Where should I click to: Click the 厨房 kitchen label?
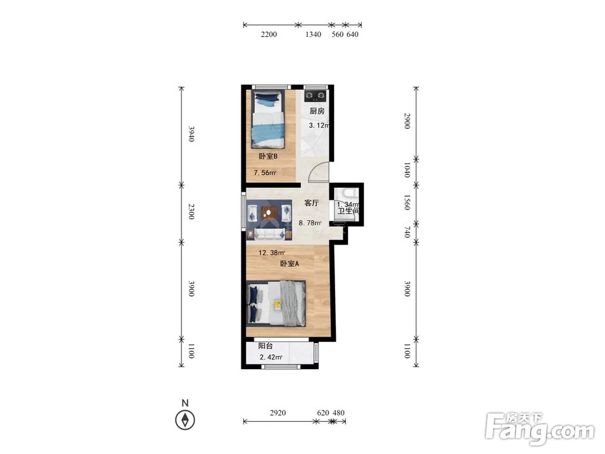pyautogui.click(x=317, y=111)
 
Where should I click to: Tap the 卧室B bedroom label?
pyautogui.click(x=268, y=156)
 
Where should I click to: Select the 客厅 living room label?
pyautogui.click(x=312, y=203)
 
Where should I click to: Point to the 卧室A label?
pyautogui.click(x=289, y=264)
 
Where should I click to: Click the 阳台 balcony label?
pyautogui.click(x=266, y=346)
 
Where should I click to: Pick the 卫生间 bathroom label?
pyautogui.click(x=348, y=211)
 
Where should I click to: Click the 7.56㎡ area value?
pyautogui.click(x=265, y=173)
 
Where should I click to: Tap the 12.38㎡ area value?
pyautogui.click(x=272, y=253)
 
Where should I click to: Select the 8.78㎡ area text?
pyautogui.click(x=310, y=223)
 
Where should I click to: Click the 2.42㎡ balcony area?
pyautogui.click(x=271, y=357)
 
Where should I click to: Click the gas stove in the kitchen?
pyautogui.click(x=315, y=96)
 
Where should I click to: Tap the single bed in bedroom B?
pyautogui.click(x=269, y=119)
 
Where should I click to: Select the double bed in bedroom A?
pyautogui.click(x=276, y=303)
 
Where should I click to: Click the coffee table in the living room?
pyautogui.click(x=269, y=212)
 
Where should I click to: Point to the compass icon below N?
pyautogui.click(x=185, y=419)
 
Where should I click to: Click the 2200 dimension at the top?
pyautogui.click(x=269, y=35)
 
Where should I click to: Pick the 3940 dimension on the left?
pyautogui.click(x=191, y=134)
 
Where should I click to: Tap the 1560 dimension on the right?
pyautogui.click(x=407, y=202)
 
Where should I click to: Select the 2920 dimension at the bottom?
pyautogui.click(x=278, y=413)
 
